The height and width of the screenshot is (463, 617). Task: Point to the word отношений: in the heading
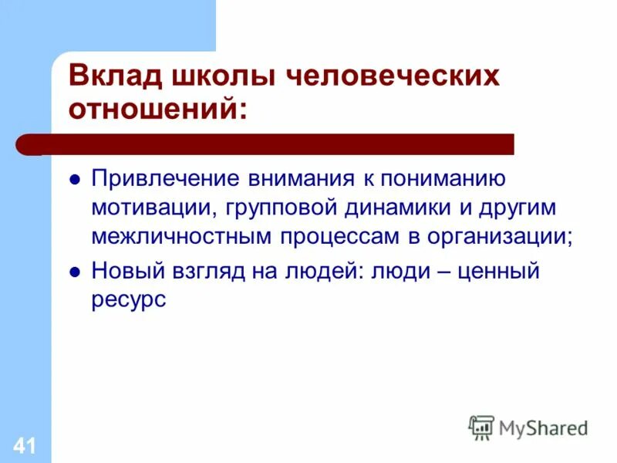pos(160,110)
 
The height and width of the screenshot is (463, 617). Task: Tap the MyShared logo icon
pos(481,428)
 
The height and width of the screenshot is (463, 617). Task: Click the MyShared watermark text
pos(543,428)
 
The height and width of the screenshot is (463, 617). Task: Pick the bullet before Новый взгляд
pos(75,272)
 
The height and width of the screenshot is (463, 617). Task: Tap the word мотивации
pos(143,209)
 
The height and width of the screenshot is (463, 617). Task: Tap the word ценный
pos(502,272)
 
